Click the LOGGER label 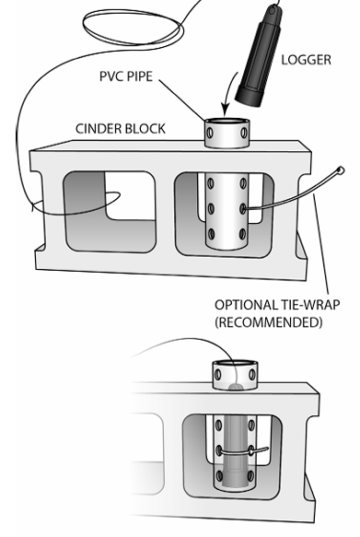306,60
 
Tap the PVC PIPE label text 126,76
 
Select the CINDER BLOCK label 121,129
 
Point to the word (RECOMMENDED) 269,322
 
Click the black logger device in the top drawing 259,54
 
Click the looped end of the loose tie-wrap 341,169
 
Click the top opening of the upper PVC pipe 227,122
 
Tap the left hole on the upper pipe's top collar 211,133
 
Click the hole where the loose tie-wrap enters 243,208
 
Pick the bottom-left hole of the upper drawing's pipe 211,234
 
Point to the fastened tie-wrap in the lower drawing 243,451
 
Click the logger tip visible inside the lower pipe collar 236,387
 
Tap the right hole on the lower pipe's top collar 252,374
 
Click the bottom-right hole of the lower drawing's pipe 251,475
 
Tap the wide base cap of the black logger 250,95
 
